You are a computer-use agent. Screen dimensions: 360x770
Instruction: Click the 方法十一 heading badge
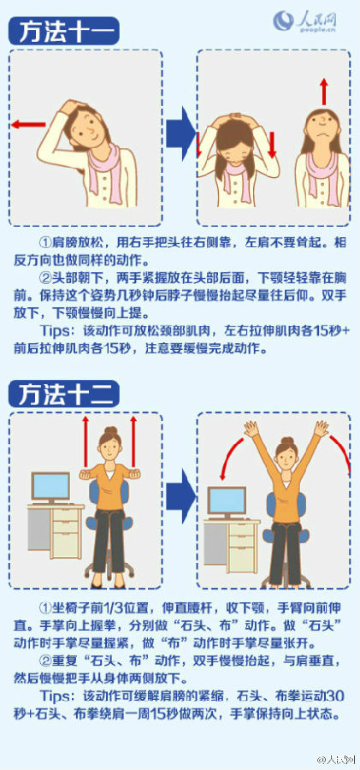[x=63, y=32]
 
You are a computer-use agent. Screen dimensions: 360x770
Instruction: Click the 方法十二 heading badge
[x=63, y=394]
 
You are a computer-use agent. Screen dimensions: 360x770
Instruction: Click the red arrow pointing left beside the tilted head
[x=28, y=124]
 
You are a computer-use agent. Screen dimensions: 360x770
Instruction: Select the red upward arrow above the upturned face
[x=323, y=91]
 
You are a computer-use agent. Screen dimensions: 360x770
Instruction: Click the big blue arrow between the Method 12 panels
[x=180, y=496]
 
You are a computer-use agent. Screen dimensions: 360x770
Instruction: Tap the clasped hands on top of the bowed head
[x=237, y=117]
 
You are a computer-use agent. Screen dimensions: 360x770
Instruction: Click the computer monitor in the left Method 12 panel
[x=51, y=487]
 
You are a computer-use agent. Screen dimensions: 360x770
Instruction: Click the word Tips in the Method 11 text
[x=55, y=330]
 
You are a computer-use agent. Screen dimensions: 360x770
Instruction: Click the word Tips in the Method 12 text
[x=55, y=696]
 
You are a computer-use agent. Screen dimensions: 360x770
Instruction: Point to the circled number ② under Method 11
[x=46, y=278]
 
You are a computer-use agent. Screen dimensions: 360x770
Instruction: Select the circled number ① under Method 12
[x=46, y=607]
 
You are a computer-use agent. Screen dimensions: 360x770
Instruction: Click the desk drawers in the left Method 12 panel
[x=68, y=533]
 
